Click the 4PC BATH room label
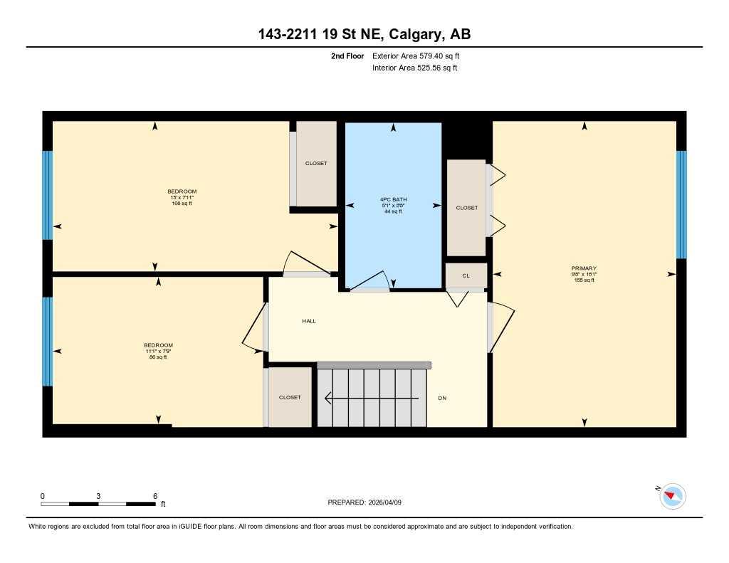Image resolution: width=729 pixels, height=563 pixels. [393, 199]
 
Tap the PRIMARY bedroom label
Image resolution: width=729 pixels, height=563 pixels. [584, 268]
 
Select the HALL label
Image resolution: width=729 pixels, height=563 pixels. [308, 321]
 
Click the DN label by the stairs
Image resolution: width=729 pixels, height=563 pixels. [442, 398]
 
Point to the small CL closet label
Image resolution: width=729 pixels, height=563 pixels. [466, 275]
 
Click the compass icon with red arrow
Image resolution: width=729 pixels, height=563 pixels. [673, 496]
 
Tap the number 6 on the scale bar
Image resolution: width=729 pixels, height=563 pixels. [154, 495]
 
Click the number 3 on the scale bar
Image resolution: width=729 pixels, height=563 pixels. [98, 495]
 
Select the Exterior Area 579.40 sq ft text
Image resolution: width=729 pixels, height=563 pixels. [421, 56]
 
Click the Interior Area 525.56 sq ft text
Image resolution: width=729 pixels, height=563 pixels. [414, 68]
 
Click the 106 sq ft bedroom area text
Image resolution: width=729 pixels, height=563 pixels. [182, 204]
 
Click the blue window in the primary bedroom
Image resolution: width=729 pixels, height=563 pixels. [681, 204]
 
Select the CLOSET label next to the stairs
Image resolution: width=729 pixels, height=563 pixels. [290, 397]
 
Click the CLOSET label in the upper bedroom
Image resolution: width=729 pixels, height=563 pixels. [316, 164]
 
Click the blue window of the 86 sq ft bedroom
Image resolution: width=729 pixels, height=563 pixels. [48, 342]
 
